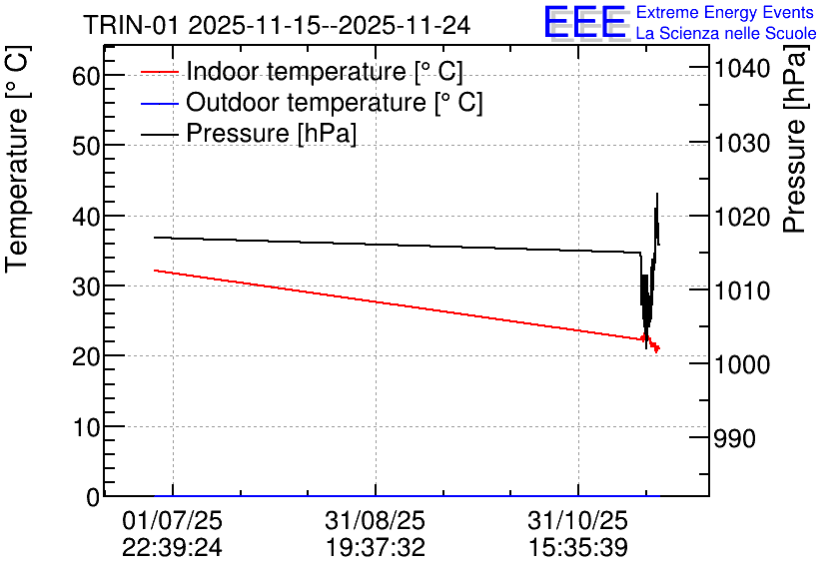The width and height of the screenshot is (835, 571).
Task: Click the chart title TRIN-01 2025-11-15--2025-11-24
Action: pyautogui.click(x=277, y=25)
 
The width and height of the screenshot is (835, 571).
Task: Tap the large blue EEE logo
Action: pyautogui.click(x=585, y=23)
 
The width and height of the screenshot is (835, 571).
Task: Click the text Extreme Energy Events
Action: pyautogui.click(x=725, y=13)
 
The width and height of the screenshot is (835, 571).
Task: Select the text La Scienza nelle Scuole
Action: pyautogui.click(x=725, y=34)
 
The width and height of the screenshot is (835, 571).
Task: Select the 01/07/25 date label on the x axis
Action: pyautogui.click(x=172, y=521)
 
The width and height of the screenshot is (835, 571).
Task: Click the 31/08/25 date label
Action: pyautogui.click(x=375, y=521)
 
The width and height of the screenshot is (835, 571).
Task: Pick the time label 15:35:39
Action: pyautogui.click(x=577, y=547)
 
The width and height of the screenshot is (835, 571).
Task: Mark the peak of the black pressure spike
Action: pyautogui.click(x=657, y=194)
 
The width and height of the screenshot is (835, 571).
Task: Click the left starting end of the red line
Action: pyautogui.click(x=155, y=271)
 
